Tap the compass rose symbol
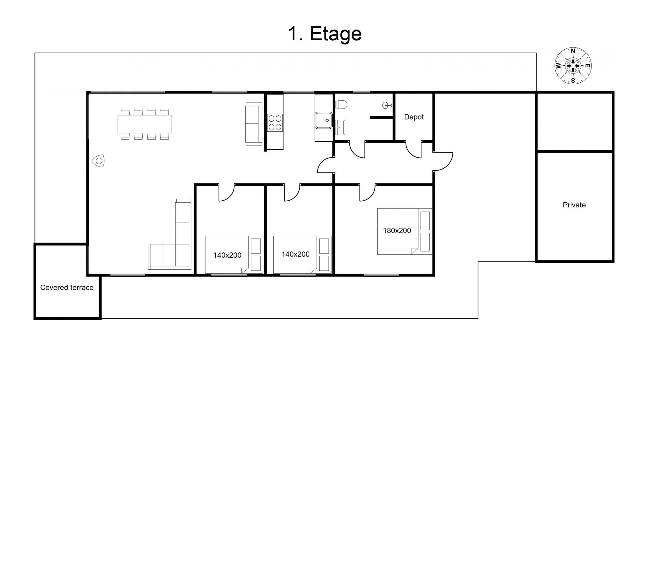coord(573,66)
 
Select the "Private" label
coord(574,205)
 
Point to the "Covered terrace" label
coord(67,287)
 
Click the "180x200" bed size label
coord(397,231)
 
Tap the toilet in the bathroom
coord(341,104)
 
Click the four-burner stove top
coord(275,123)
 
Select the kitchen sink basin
coord(324,120)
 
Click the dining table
coord(144,124)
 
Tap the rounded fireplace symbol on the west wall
coord(98,161)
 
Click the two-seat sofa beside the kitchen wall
coord(254,124)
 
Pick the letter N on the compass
coord(573,51)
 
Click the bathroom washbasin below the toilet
coord(340,127)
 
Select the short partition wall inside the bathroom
coord(382,118)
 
